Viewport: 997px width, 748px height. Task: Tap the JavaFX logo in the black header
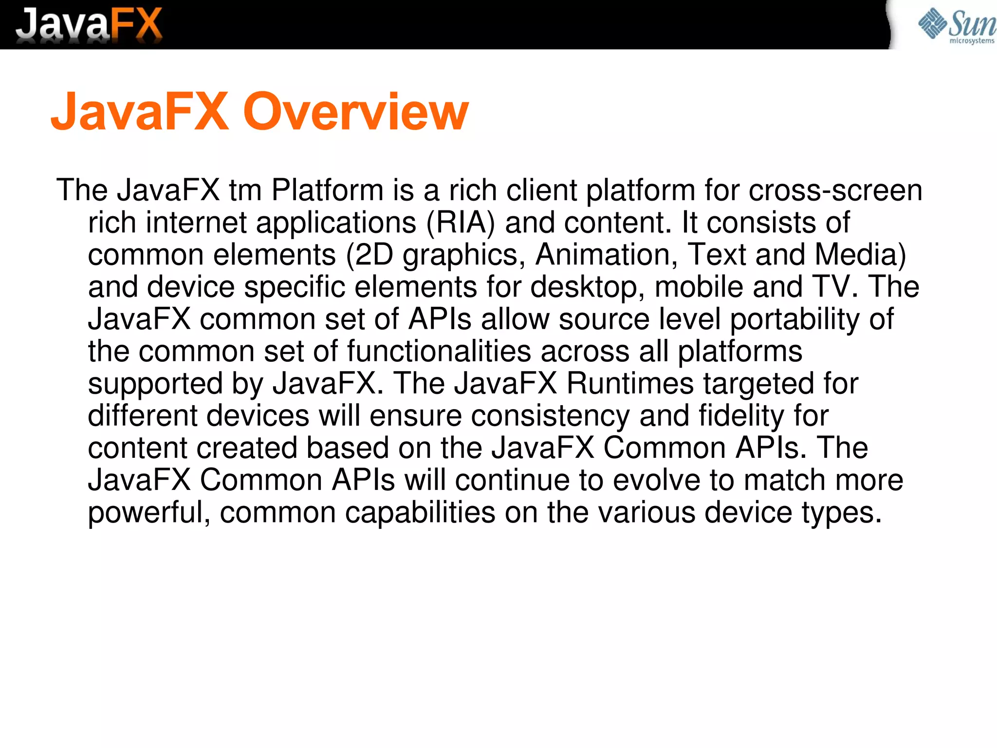click(89, 24)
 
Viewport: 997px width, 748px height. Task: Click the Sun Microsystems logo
click(956, 25)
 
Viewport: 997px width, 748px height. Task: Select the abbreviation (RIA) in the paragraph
click(461, 223)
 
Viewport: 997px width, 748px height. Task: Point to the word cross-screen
click(835, 190)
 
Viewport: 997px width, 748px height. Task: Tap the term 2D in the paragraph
click(374, 255)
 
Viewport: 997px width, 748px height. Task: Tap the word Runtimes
click(630, 384)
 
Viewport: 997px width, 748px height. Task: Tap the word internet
click(196, 223)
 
